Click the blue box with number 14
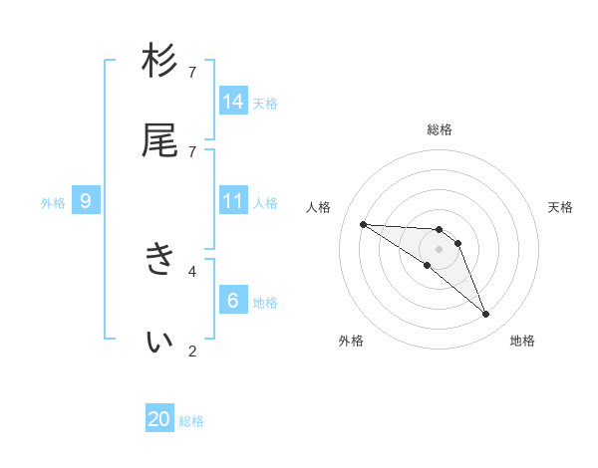point(233,102)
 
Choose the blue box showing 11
point(233,201)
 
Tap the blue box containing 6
point(233,301)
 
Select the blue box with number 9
point(86,201)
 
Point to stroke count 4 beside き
point(193,270)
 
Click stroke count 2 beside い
point(193,350)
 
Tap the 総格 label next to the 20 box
point(191,421)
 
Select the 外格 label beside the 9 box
point(53,202)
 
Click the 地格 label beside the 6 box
point(265,302)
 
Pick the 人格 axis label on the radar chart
point(319,207)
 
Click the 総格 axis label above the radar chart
point(440,129)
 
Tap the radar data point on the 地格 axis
point(486,315)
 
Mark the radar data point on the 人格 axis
point(363,224)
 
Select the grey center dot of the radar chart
point(440,249)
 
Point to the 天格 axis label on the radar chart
point(560,207)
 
